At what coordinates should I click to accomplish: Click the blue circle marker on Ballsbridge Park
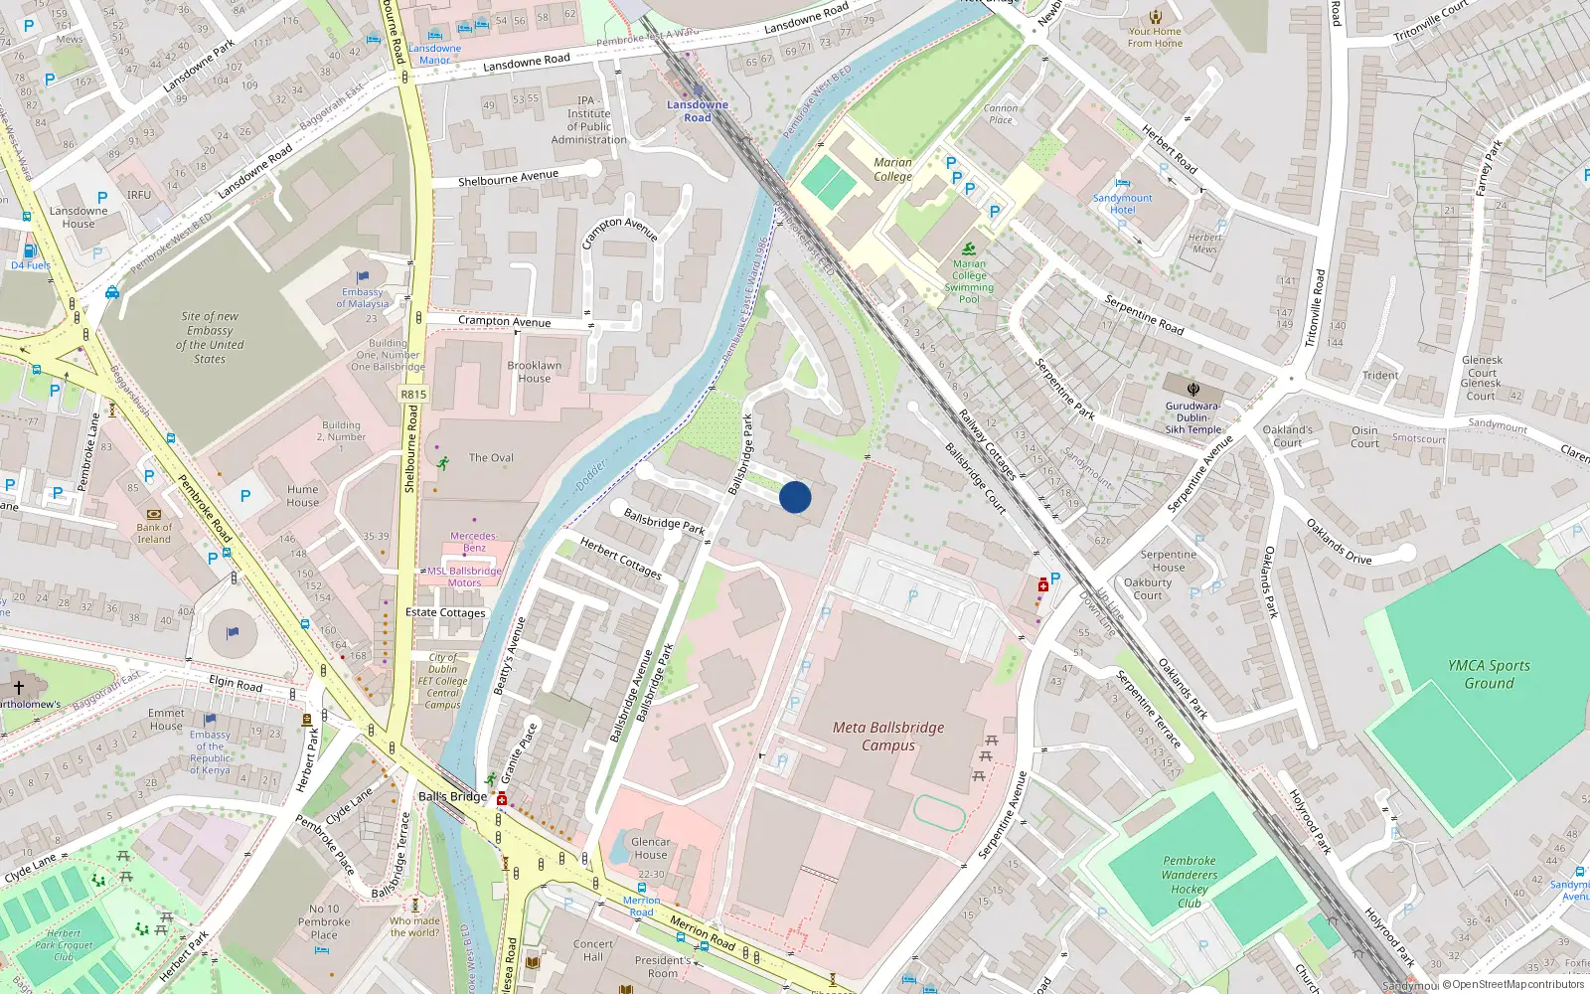[795, 497]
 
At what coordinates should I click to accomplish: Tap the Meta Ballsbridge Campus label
[888, 737]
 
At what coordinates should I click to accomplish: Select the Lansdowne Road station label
[697, 110]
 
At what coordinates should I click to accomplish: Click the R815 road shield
[413, 395]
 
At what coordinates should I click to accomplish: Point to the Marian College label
[892, 169]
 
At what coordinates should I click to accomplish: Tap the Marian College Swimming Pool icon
[969, 248]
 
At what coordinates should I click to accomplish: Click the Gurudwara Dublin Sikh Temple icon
[1192, 389]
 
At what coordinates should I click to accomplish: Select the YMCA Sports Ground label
[1489, 674]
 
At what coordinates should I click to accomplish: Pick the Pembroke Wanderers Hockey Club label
[1189, 882]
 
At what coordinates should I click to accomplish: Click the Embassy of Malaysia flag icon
[363, 277]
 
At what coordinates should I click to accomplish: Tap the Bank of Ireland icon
[154, 514]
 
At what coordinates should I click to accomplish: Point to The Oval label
[491, 458]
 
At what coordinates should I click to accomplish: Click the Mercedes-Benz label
[474, 542]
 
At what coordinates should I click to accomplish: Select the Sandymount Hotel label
[1122, 204]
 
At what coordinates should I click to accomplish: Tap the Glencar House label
[650, 848]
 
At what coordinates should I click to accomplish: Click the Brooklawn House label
[534, 372]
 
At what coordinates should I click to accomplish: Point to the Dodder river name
[591, 475]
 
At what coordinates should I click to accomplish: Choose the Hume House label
[303, 496]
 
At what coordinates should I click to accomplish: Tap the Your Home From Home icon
[1155, 16]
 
